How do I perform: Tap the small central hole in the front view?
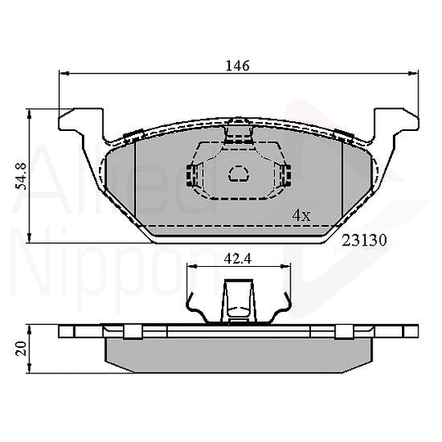(x=238, y=173)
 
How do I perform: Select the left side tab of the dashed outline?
(x=193, y=174)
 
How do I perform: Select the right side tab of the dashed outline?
(x=285, y=174)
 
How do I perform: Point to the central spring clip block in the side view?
(x=238, y=301)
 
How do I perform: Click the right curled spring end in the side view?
(x=286, y=309)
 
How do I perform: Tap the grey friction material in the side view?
(x=237, y=352)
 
